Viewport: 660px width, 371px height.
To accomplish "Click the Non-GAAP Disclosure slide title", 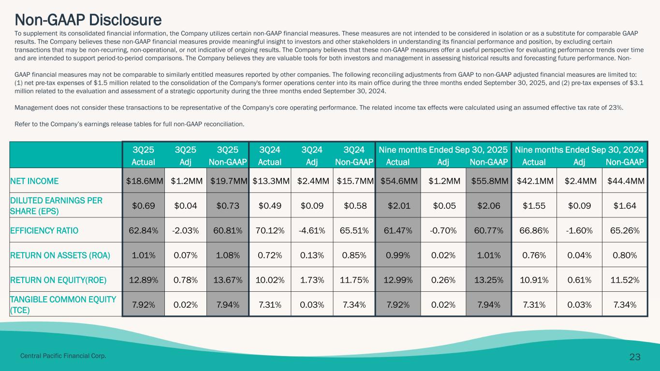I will click(88, 20).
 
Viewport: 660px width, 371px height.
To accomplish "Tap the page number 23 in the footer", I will click(635, 357).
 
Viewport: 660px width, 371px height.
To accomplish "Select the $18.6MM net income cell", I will click(144, 181).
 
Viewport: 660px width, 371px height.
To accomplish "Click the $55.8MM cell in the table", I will click(488, 181).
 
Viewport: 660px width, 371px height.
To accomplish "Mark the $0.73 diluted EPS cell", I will click(227, 205).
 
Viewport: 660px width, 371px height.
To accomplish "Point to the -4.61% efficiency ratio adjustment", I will click(312, 230).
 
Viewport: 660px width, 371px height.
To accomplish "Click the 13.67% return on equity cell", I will click(227, 279).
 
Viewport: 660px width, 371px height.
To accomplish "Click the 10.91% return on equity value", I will click(534, 279).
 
